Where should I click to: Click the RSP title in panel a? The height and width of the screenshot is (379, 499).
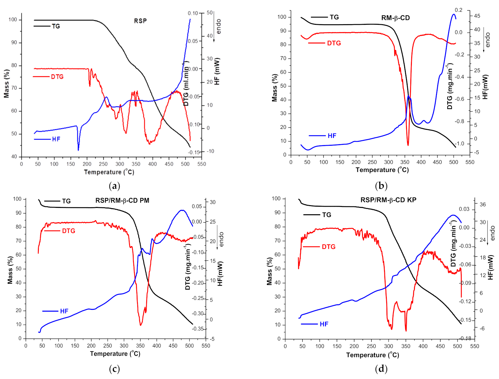[x=140, y=21]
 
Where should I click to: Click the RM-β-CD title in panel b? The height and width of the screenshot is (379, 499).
[x=395, y=18]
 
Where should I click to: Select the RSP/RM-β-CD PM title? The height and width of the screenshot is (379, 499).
[x=122, y=201]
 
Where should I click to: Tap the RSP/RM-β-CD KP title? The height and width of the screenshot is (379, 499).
[x=388, y=200]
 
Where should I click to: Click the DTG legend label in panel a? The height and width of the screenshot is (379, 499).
[x=57, y=77]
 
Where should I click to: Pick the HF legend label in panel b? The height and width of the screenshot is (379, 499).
[x=332, y=136]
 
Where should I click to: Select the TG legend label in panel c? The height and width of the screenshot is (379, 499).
[x=66, y=201]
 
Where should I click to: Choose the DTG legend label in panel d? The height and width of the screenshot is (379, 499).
[x=328, y=247]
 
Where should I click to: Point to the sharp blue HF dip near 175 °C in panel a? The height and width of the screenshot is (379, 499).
[x=78, y=150]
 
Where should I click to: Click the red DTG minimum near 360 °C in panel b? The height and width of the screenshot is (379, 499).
[x=408, y=145]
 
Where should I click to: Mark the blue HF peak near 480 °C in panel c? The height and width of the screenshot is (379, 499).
[x=182, y=210]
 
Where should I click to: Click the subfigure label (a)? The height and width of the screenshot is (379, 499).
[x=114, y=186]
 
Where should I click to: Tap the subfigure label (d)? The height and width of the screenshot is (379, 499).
[x=381, y=369]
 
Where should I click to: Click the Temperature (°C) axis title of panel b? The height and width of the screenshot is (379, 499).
[x=382, y=170]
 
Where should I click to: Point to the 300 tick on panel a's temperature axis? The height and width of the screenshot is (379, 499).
[x=120, y=164]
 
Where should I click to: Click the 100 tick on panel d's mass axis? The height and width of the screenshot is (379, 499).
[x=276, y=199]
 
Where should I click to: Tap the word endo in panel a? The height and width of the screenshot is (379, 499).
[x=218, y=27]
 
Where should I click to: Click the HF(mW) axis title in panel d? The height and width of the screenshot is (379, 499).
[x=491, y=267]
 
